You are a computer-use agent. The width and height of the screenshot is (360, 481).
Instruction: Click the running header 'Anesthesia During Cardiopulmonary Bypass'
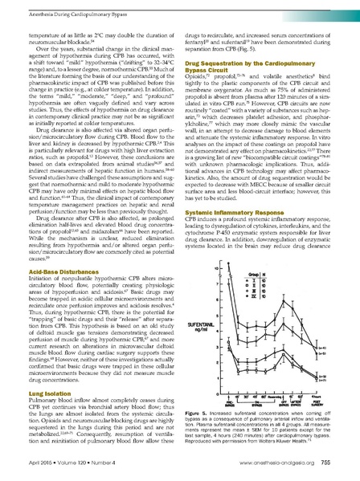pyautogui.click(x=65, y=10)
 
